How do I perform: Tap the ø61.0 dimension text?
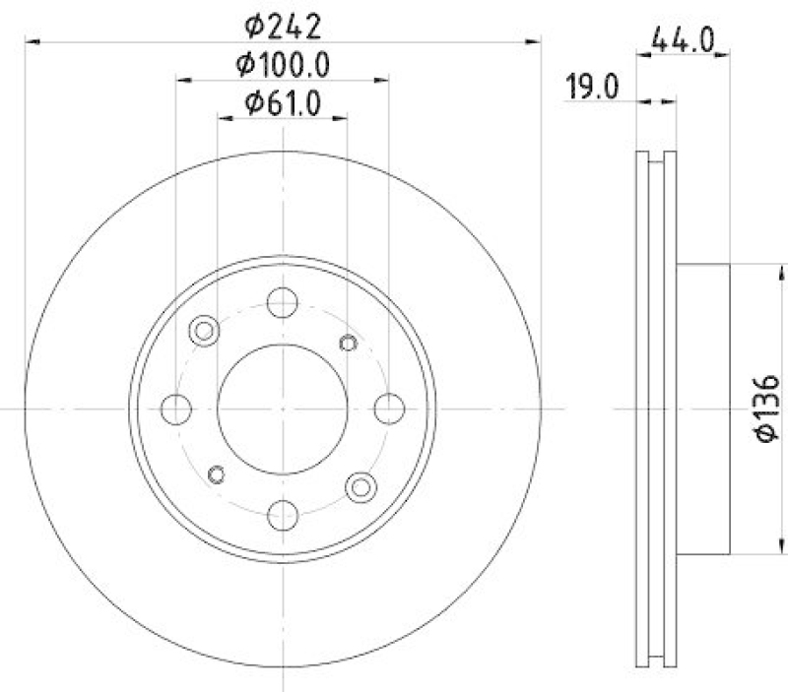pos(282,102)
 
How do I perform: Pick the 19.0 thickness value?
pos(591,88)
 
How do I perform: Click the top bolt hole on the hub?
pos(283,301)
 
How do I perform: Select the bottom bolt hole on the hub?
pos(283,514)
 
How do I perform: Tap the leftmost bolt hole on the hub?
pos(175,407)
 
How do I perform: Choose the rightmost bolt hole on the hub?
pos(390,407)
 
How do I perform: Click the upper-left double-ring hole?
pos(205,331)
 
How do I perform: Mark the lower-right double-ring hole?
pos(361,484)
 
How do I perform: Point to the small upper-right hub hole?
pos(347,342)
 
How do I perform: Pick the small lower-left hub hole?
pos(218,474)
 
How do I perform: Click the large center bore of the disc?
pos(283,407)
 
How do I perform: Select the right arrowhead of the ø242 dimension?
pos(535,41)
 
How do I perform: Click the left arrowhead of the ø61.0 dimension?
pos(224,118)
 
